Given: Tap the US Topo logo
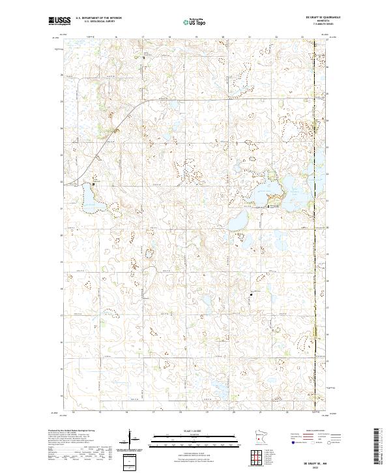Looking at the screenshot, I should tap(187, 21).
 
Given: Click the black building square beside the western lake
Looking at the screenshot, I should tap(93, 185).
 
